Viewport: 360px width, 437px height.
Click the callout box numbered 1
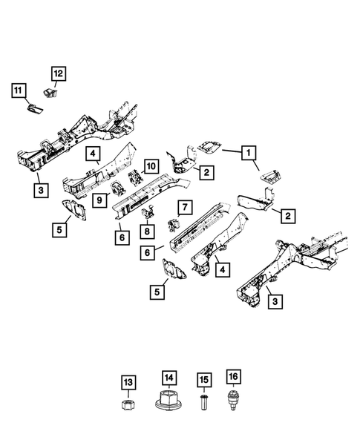pyautogui.click(x=249, y=154)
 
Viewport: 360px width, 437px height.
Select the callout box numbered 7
pyautogui.click(x=185, y=206)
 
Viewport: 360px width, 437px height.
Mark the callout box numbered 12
pyautogui.click(x=57, y=73)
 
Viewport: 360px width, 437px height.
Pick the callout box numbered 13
pyautogui.click(x=128, y=382)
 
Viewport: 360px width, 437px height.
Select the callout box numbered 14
pyautogui.click(x=168, y=378)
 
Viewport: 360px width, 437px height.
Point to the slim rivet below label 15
pyautogui.click(x=204, y=405)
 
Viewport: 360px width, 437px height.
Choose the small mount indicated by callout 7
pyautogui.click(x=176, y=225)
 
